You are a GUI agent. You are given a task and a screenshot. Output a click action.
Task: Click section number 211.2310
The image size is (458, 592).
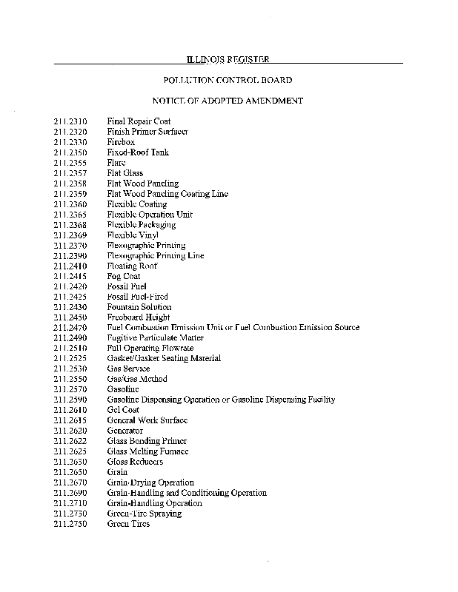click(x=70, y=121)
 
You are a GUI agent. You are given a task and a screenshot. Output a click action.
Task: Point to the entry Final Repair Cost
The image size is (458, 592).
click(x=139, y=121)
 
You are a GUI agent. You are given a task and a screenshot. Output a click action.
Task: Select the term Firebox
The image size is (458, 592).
click(x=121, y=142)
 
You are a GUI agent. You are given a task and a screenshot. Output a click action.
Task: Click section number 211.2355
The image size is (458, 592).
click(x=70, y=163)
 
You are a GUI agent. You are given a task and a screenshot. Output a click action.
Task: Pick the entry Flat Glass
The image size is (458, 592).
click(x=125, y=173)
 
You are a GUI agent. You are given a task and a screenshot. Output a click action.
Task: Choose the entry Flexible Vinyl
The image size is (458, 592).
click(x=128, y=235)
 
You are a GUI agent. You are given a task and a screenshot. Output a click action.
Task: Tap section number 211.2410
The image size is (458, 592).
click(x=70, y=266)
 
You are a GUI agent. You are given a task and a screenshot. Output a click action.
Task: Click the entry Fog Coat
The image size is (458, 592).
click(x=124, y=276)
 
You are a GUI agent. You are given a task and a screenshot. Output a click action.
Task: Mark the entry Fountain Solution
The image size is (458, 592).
click(x=139, y=307)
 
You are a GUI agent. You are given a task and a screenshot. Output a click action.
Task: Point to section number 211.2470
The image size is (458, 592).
click(x=70, y=327)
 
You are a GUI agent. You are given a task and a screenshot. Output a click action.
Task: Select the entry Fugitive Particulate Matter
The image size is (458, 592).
click(x=156, y=337)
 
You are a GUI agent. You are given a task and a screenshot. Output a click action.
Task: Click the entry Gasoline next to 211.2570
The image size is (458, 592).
click(x=123, y=389)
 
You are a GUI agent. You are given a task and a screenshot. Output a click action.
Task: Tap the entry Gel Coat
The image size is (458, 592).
click(x=123, y=410)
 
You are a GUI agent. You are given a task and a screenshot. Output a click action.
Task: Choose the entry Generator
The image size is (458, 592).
click(x=125, y=431)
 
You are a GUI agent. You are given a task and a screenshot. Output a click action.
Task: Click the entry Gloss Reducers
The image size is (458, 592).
click(x=136, y=462)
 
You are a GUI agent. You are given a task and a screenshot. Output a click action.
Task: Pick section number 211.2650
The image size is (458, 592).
click(x=70, y=472)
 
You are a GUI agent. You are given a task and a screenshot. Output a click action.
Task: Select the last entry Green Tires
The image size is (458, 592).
click(x=128, y=524)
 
